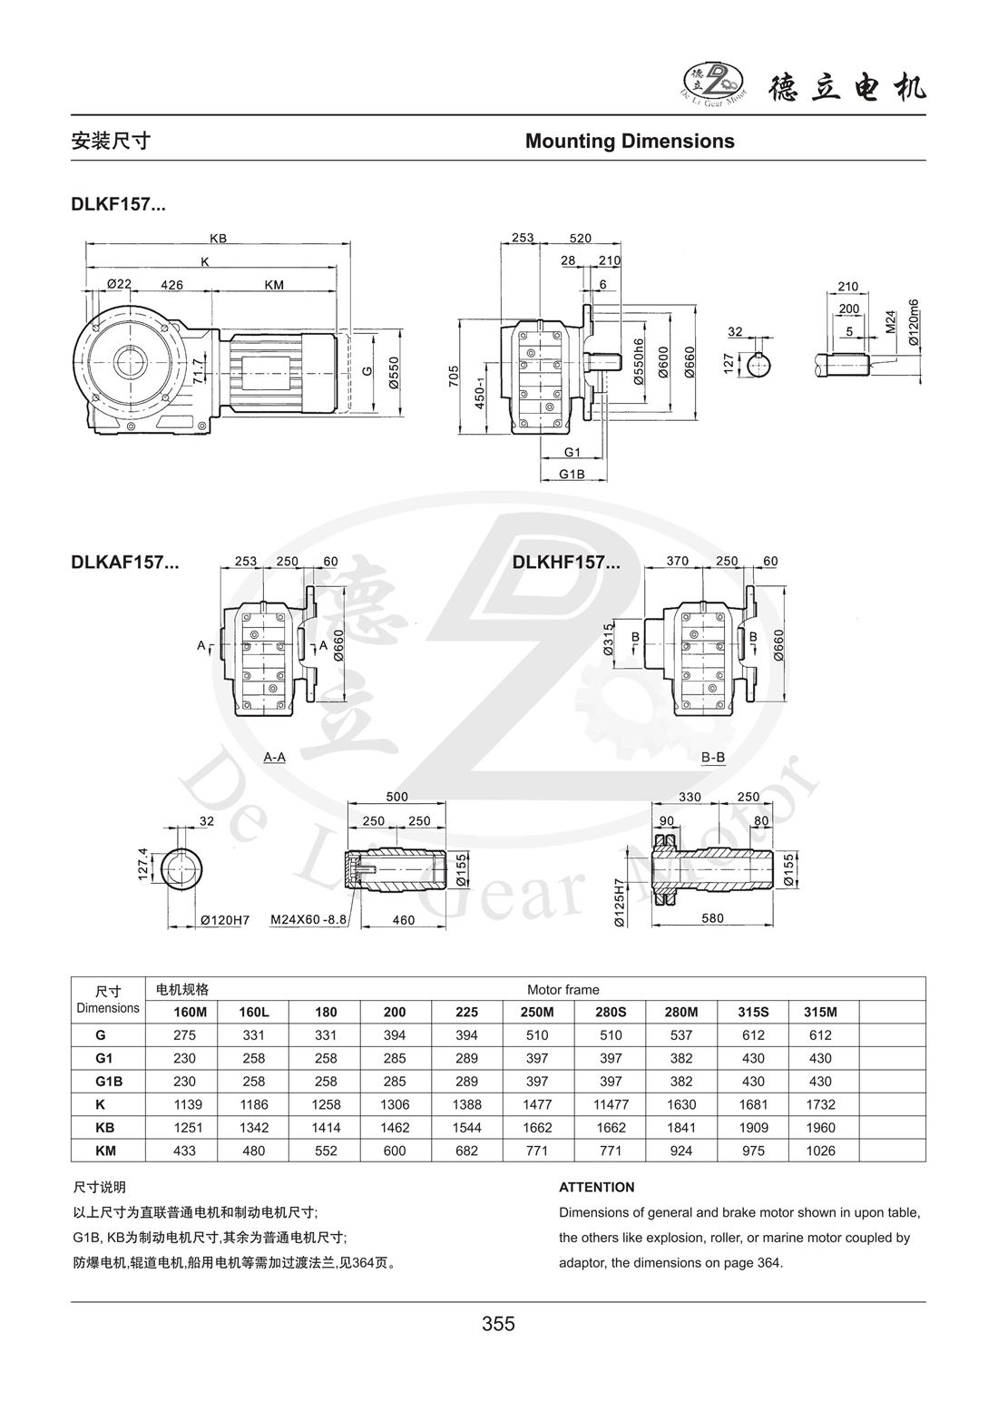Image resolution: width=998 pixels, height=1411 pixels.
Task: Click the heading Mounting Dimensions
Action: point(630,141)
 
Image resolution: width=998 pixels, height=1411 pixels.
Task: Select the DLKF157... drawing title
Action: point(118,205)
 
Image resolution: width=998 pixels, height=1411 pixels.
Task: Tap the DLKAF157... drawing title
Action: point(124,562)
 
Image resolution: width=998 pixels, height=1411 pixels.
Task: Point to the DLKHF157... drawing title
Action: point(566,562)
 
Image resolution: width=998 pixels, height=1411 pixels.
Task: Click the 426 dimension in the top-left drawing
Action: point(171,285)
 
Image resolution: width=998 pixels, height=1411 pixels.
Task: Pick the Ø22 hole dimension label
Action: point(119,284)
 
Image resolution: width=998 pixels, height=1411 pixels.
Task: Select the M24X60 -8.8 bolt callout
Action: point(309,919)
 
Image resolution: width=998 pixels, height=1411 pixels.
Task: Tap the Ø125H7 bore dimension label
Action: point(619,902)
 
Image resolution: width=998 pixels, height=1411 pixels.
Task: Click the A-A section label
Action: point(274,756)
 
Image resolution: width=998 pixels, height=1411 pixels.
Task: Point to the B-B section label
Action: point(713,756)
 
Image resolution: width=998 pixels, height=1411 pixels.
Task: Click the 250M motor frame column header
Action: point(537,1011)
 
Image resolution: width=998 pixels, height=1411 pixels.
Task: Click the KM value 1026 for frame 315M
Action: point(819,1151)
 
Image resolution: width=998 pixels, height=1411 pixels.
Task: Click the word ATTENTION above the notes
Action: point(596,1187)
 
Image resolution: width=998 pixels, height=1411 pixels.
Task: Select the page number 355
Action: point(498,1324)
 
